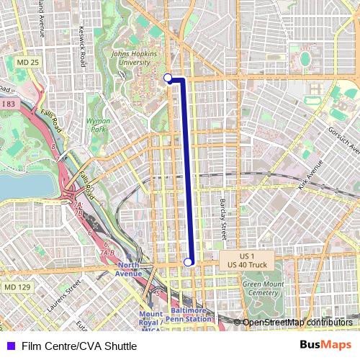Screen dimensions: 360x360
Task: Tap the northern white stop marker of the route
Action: pos(168,78)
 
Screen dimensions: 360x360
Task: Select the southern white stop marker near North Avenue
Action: pos(189,262)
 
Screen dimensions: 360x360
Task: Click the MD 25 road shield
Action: pos(27,63)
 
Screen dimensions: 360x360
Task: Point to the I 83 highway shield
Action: pos(9,104)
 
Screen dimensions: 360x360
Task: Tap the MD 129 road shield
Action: pos(17,287)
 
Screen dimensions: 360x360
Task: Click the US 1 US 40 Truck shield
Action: pos(247,261)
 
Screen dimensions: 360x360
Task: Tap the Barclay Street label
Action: pos(223,219)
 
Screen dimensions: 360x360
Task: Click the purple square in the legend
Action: pos(10,346)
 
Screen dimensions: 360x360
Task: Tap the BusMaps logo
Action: pos(325,346)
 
